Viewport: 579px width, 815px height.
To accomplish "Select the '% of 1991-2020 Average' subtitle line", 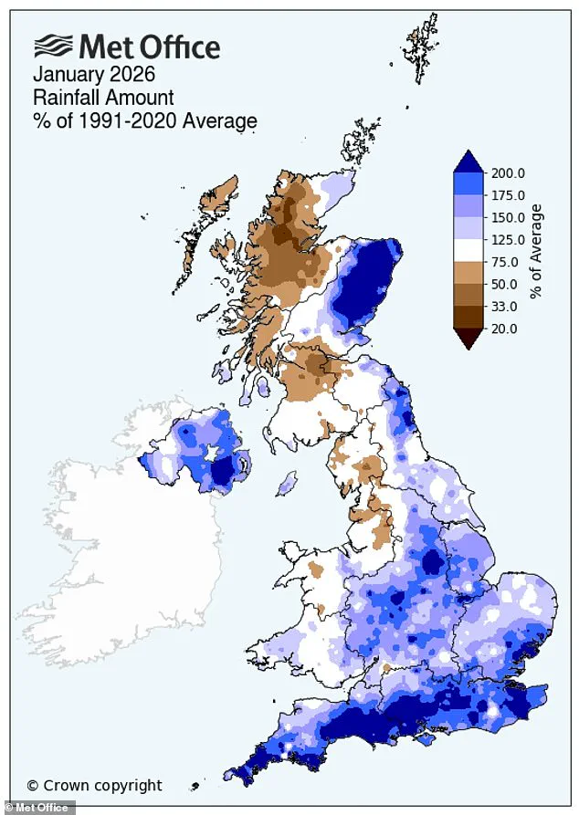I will pos(145,120).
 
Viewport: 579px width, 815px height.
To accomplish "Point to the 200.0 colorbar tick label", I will pos(507,173).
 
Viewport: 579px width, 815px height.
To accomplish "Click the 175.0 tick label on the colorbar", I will pos(507,195).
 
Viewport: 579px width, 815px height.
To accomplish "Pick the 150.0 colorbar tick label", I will pos(507,218).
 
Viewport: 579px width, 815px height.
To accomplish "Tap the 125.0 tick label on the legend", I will pos(507,240).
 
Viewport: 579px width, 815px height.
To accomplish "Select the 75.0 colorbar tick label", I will pos(504,262).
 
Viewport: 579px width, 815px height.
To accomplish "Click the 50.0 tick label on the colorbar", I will pos(504,285).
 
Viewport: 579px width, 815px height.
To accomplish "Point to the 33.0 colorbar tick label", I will pos(504,307).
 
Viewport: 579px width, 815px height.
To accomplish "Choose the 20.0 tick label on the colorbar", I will pos(504,329).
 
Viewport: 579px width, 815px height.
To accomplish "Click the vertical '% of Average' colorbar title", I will pos(536,251).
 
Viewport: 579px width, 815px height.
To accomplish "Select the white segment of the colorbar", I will pos(468,251).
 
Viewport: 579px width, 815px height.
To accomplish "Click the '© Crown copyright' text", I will pos(94,785).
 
